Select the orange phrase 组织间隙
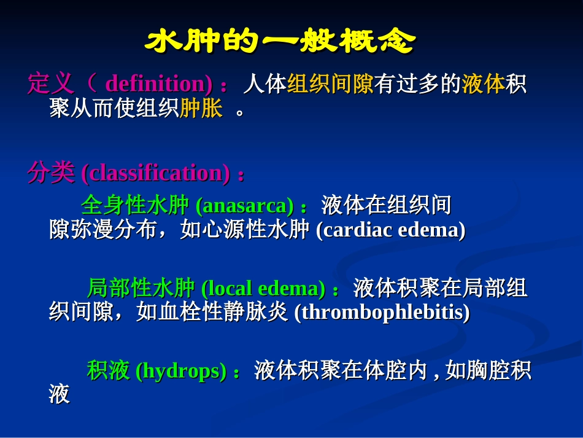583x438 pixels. coord(331,84)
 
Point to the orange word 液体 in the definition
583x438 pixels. coord(484,84)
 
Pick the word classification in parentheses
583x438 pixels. coord(156,174)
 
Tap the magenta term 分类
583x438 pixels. coord(50,174)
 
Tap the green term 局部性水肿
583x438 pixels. coord(141,287)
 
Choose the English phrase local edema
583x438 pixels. coord(264,288)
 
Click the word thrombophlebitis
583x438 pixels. coord(382,313)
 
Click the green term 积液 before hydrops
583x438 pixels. coord(109,371)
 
